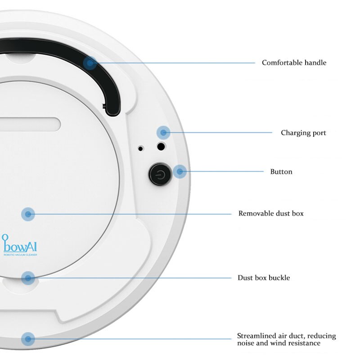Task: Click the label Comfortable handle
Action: [294, 63]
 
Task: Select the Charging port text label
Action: [303, 133]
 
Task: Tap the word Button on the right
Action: [281, 171]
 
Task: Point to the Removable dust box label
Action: [271, 213]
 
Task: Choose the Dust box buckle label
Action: [264, 278]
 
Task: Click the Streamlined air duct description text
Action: [286, 340]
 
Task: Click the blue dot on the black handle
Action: [90, 63]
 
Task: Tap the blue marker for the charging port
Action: [163, 132]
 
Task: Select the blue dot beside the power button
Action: [180, 171]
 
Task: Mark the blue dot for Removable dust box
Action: [28, 214]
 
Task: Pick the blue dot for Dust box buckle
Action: [28, 278]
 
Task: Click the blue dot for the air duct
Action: [28, 339]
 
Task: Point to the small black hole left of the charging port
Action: [141, 148]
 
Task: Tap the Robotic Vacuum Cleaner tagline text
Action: [20, 255]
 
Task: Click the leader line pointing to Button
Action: [225, 171]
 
